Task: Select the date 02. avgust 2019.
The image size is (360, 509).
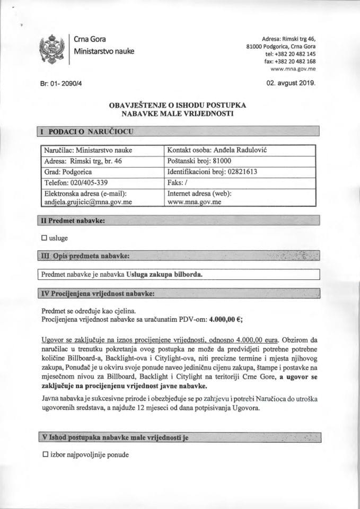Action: click(291, 83)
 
